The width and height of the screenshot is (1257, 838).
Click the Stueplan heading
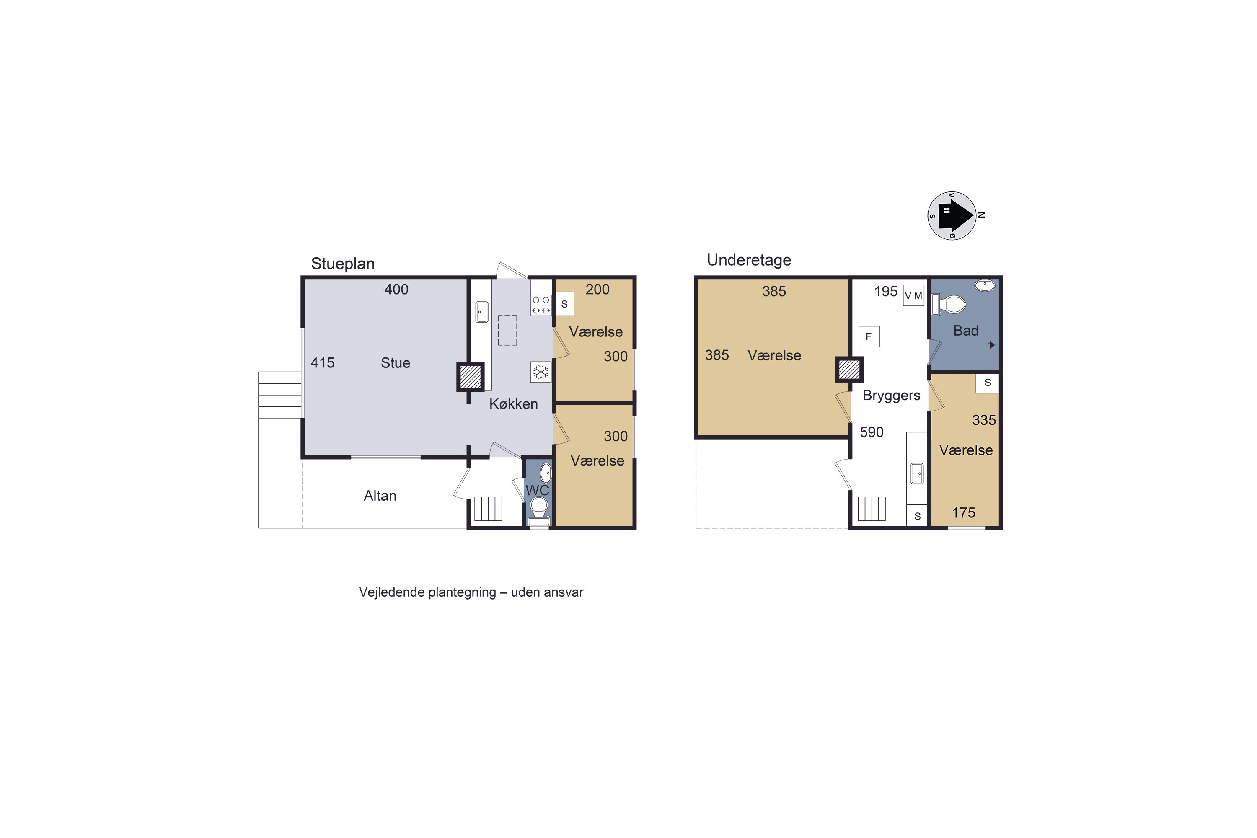343,264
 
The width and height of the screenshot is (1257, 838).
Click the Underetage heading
749,260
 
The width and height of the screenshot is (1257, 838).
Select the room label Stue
396,363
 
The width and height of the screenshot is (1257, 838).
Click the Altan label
380,496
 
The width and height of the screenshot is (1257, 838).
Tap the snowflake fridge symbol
541,372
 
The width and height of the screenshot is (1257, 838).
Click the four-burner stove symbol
541,305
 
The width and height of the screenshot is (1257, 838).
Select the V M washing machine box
913,295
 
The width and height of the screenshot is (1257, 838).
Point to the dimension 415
322,363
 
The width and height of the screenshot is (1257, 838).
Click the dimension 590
872,432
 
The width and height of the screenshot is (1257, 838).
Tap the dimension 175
964,513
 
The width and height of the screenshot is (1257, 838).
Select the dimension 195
886,291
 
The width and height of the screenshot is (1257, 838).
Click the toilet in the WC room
539,510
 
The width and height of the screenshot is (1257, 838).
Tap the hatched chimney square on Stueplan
470,377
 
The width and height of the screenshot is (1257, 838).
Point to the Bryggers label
892,396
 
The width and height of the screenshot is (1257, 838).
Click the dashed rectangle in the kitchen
507,330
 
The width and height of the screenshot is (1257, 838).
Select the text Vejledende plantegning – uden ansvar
471,592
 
